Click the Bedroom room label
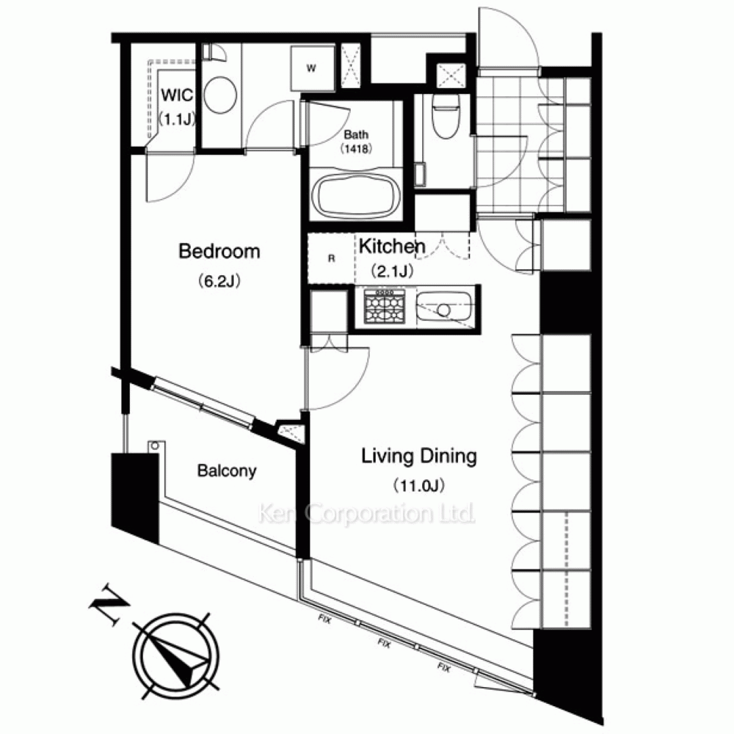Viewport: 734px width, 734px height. [x=219, y=252]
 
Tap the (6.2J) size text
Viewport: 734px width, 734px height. [x=219, y=281]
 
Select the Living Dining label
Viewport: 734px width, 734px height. [x=419, y=457]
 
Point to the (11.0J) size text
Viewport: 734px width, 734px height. [x=419, y=485]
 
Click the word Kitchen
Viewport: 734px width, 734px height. [x=392, y=246]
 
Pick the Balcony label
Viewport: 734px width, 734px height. [x=227, y=471]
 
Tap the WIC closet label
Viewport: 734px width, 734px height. [x=177, y=95]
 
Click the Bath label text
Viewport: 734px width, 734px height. [x=356, y=135]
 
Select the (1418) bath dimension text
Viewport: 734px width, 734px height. [x=356, y=149]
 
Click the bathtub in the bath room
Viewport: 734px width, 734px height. [x=356, y=196]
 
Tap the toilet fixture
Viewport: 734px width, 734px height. [x=446, y=116]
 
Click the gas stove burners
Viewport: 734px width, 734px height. [x=385, y=307]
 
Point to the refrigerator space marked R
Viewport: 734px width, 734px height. [x=331, y=258]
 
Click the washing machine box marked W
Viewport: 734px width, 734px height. [x=312, y=68]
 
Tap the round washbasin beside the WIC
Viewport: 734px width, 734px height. [x=220, y=95]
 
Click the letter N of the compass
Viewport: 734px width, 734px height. [x=110, y=605]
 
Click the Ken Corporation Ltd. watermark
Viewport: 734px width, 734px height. [x=366, y=514]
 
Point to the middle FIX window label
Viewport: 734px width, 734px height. [x=384, y=643]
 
